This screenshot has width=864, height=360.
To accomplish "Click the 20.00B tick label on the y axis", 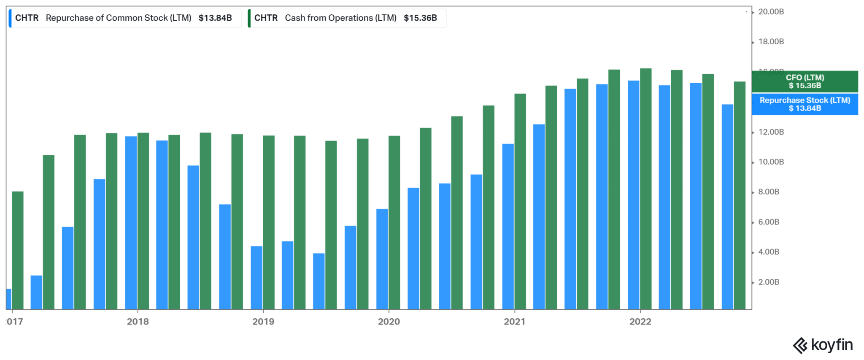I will (x=771, y=12).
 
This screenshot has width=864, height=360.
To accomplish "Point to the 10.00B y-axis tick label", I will (x=771, y=162).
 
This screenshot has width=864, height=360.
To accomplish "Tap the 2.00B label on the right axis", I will (x=769, y=282).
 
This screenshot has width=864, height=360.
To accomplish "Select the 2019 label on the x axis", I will (x=263, y=322).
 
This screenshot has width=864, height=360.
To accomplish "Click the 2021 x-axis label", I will (x=514, y=322).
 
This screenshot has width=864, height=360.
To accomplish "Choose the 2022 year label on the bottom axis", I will (x=640, y=322).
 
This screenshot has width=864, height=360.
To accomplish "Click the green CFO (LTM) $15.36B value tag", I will (x=805, y=81).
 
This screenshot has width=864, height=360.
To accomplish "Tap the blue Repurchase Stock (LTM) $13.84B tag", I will (x=805, y=104).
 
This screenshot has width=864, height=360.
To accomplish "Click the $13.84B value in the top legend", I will (x=215, y=18).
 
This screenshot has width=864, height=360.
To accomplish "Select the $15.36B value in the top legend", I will (x=420, y=18).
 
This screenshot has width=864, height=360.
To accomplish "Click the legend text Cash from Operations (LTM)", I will (x=340, y=18).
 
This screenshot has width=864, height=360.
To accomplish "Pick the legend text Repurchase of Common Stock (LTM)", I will (x=119, y=18).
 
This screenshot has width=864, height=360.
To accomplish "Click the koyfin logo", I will (x=823, y=345).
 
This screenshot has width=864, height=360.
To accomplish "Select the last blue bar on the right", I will (x=727, y=207).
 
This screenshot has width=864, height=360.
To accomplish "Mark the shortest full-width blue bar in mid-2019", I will (x=319, y=281).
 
